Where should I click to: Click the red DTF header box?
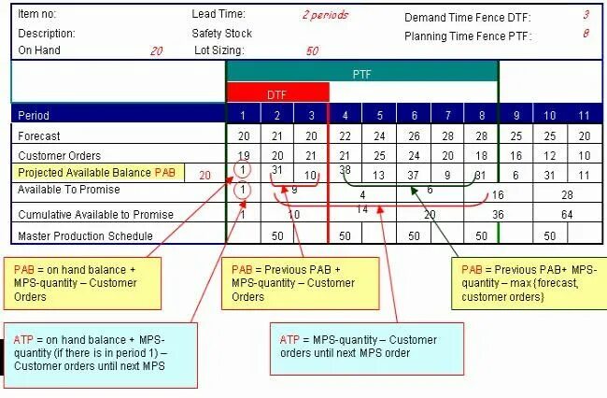(x=277, y=93)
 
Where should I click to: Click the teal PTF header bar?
(x=362, y=72)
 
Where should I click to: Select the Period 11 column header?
(x=584, y=116)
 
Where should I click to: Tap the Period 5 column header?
(x=379, y=116)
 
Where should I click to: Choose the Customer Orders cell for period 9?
(x=515, y=155)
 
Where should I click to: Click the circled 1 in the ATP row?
(x=243, y=190)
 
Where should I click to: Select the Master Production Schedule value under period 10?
(x=550, y=236)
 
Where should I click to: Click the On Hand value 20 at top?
(x=156, y=50)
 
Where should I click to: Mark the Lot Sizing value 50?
(x=311, y=50)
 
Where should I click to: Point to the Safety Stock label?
(x=222, y=33)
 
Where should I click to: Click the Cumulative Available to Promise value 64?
(x=567, y=215)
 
